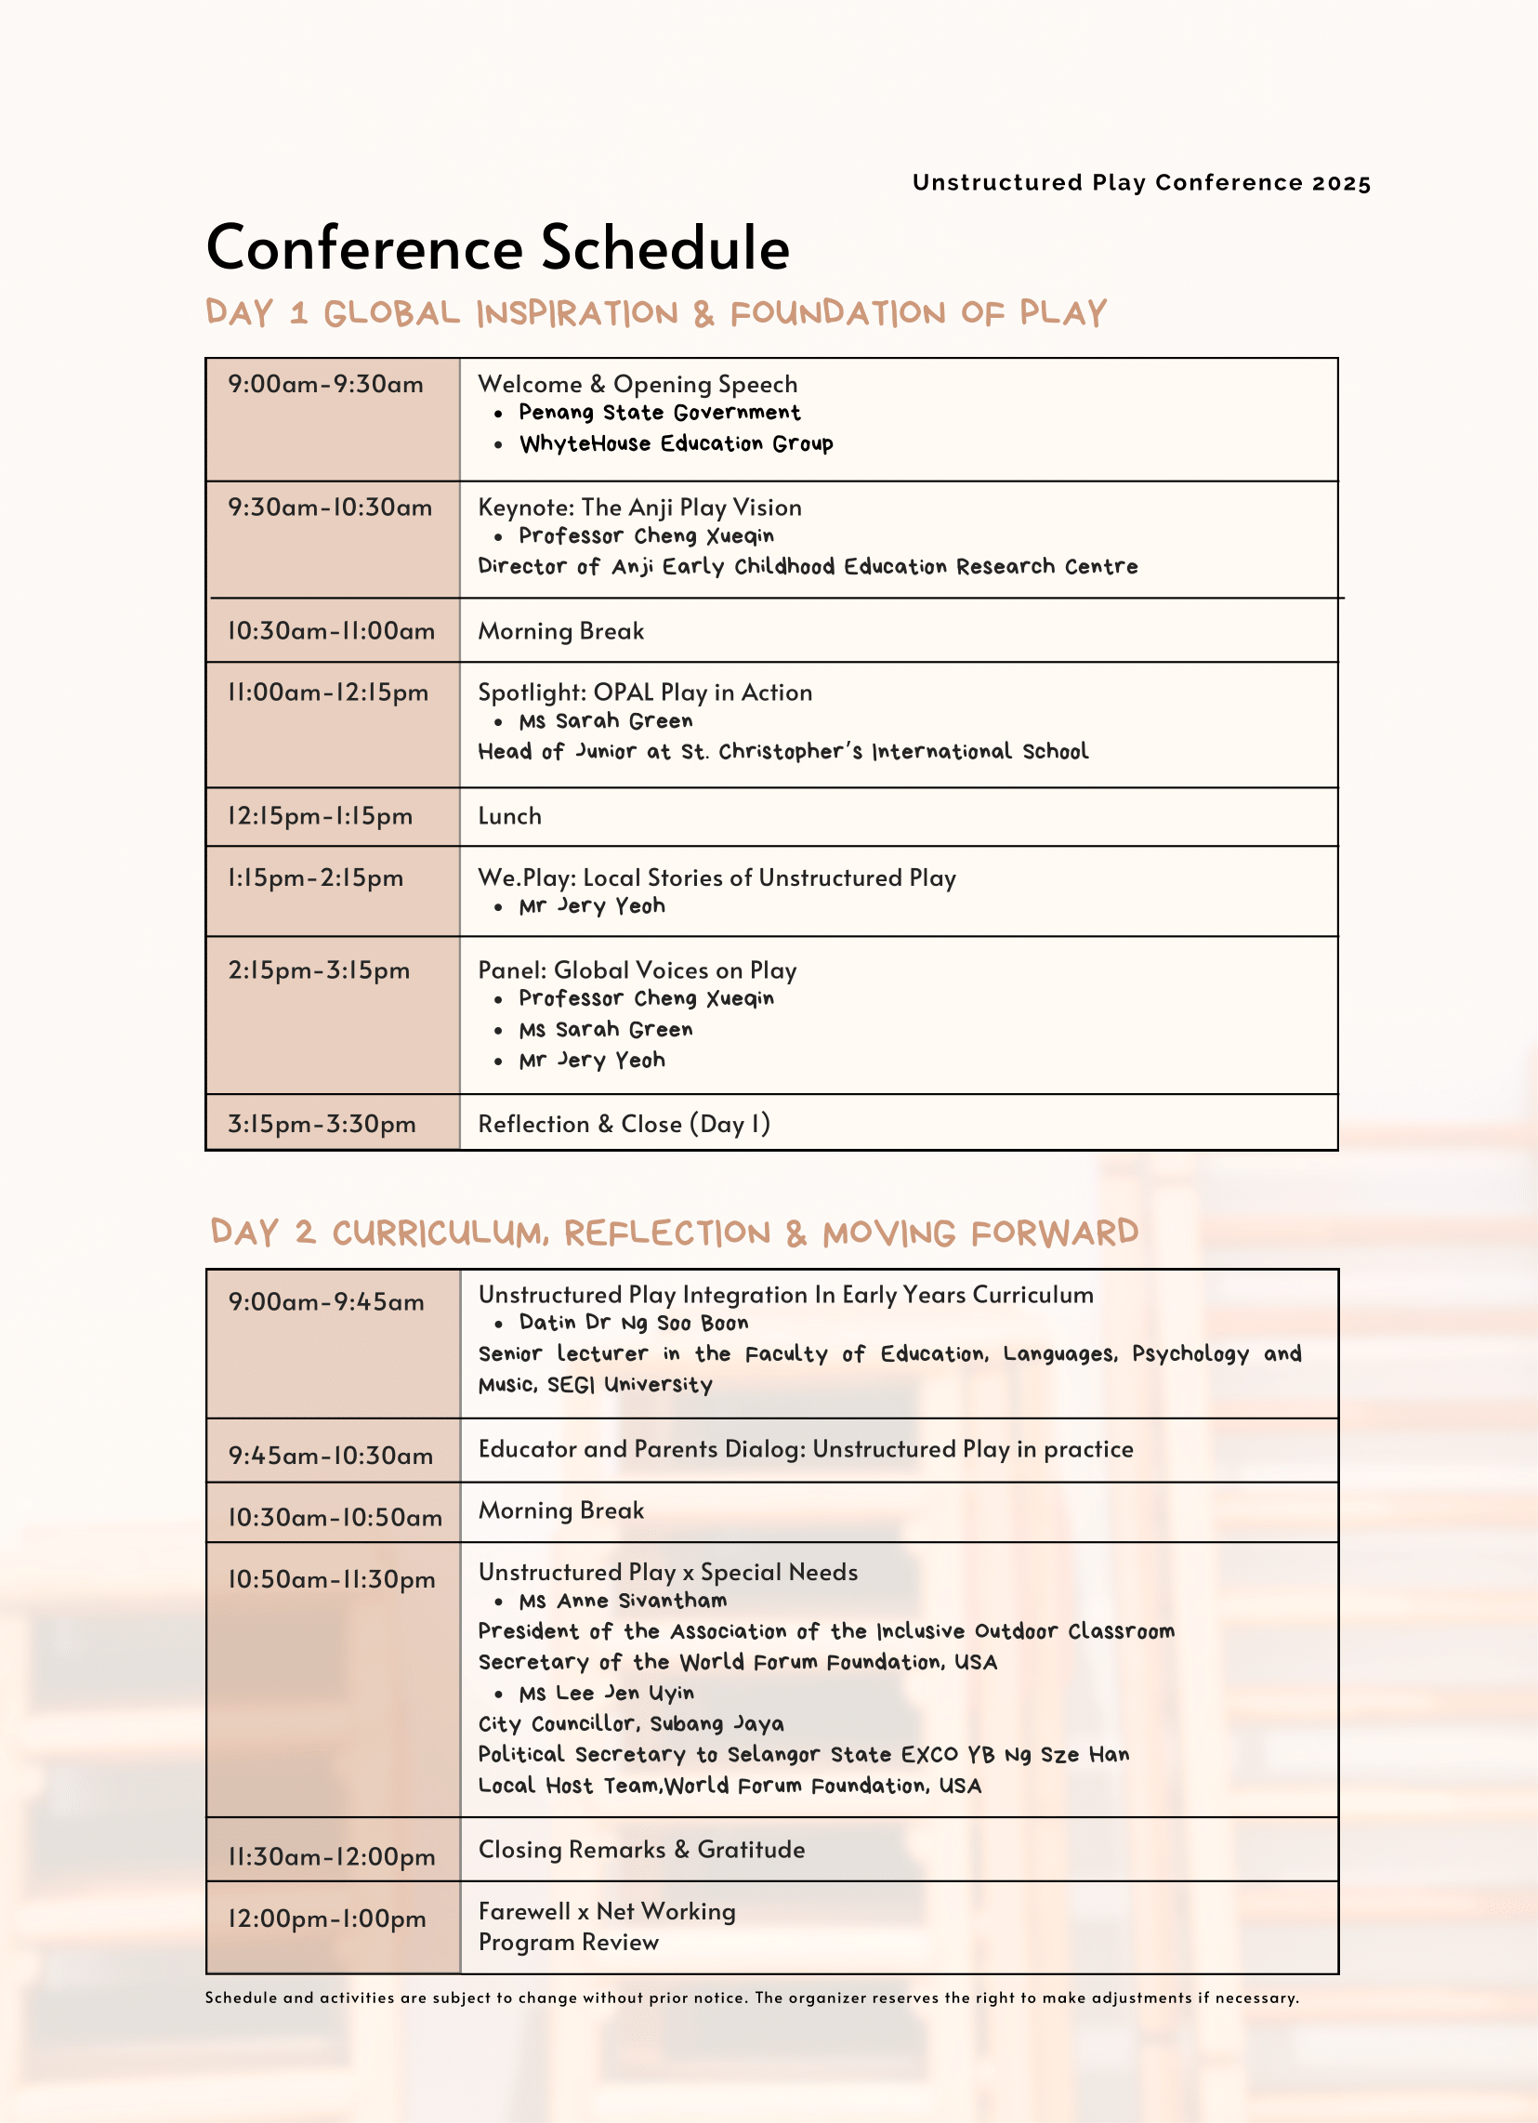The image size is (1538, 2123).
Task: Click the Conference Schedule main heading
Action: click(x=497, y=248)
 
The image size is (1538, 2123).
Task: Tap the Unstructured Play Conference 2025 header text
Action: click(x=1141, y=182)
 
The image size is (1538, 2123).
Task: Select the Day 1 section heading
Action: click(x=655, y=312)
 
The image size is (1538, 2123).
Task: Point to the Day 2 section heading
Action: click(x=674, y=1232)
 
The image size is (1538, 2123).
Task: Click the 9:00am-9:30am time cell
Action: click(x=326, y=385)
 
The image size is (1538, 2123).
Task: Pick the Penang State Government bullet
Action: click(x=659, y=413)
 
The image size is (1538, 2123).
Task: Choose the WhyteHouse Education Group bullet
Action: click(x=676, y=443)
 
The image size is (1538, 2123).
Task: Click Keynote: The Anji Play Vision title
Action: click(x=639, y=508)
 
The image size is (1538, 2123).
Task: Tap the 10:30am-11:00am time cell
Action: click(x=332, y=631)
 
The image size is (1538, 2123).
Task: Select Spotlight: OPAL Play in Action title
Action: click(x=645, y=692)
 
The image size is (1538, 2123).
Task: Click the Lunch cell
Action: click(x=510, y=816)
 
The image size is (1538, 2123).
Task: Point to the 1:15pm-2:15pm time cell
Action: click(x=315, y=878)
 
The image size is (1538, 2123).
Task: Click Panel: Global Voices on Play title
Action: click(x=638, y=970)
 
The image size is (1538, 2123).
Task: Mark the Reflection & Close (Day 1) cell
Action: click(x=624, y=1124)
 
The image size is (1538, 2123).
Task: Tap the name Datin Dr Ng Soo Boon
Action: click(x=634, y=1323)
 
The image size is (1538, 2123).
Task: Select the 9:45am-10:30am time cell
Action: click(x=331, y=1456)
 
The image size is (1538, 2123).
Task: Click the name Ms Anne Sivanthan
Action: click(x=623, y=1601)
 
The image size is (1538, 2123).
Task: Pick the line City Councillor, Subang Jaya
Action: click(x=631, y=1723)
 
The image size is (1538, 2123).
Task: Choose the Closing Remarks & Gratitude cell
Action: click(x=641, y=1850)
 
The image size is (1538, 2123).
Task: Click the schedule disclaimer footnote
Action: click(x=752, y=1998)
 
